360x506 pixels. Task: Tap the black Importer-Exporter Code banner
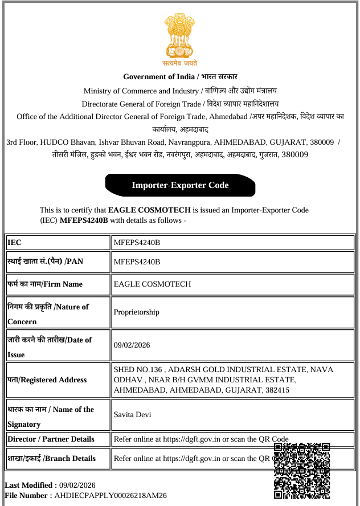tap(180, 185)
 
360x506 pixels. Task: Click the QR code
tap(302, 471)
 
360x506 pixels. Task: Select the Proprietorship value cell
tap(137, 312)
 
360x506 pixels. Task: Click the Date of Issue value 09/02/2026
tap(132, 345)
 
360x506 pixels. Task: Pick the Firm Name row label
tap(45, 284)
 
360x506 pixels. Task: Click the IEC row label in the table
tap(15, 243)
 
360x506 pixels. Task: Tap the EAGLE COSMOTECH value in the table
tap(152, 284)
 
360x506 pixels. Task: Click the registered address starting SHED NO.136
tap(222, 379)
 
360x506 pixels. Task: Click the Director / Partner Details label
tap(51, 439)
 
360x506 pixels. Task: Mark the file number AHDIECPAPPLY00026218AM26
tap(111, 496)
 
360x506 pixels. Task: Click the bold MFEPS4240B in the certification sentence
tap(84, 220)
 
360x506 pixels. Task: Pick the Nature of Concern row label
tap(48, 313)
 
